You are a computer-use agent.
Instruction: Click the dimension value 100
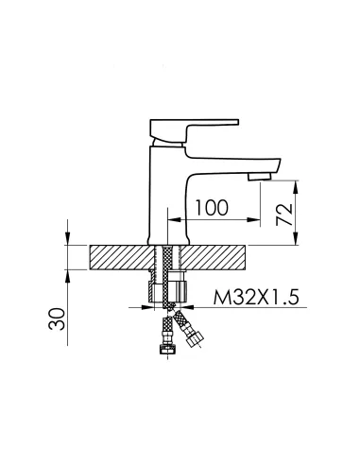pos(212,208)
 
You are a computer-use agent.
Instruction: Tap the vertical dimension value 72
pos(284,215)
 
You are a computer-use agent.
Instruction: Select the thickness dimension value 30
pos(57,319)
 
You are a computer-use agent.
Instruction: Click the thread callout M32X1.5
pos(256,297)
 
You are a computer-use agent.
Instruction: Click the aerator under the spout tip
pos(259,177)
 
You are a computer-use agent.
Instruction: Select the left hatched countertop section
pos(122,257)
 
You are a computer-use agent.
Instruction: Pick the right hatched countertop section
pos(213,257)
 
